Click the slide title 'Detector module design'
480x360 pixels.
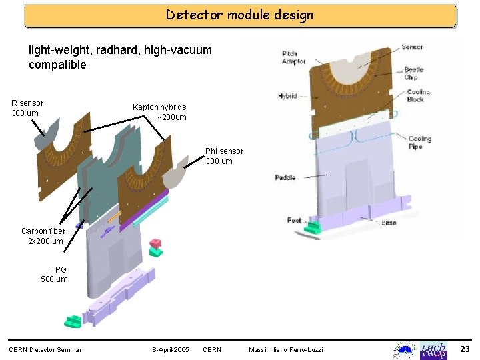[x=239, y=15]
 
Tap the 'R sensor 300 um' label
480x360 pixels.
[x=27, y=108]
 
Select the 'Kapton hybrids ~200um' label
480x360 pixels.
[x=160, y=112]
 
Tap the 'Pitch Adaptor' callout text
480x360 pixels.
[x=293, y=57]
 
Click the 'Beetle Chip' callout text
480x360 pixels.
[x=414, y=73]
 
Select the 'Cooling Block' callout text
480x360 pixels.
[x=418, y=95]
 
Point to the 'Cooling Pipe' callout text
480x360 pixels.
[x=419, y=143]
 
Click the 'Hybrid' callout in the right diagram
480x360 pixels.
[x=287, y=96]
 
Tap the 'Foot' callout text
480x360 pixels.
[x=294, y=219]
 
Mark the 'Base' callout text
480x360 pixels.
[x=388, y=222]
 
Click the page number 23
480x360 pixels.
[x=465, y=349]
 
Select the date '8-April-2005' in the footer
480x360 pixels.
[x=171, y=350]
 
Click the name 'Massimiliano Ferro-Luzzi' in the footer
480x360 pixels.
[x=285, y=350]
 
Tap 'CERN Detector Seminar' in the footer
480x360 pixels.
[x=45, y=350]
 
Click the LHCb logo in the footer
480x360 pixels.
[x=433, y=350]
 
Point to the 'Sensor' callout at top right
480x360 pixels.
[x=411, y=47]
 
